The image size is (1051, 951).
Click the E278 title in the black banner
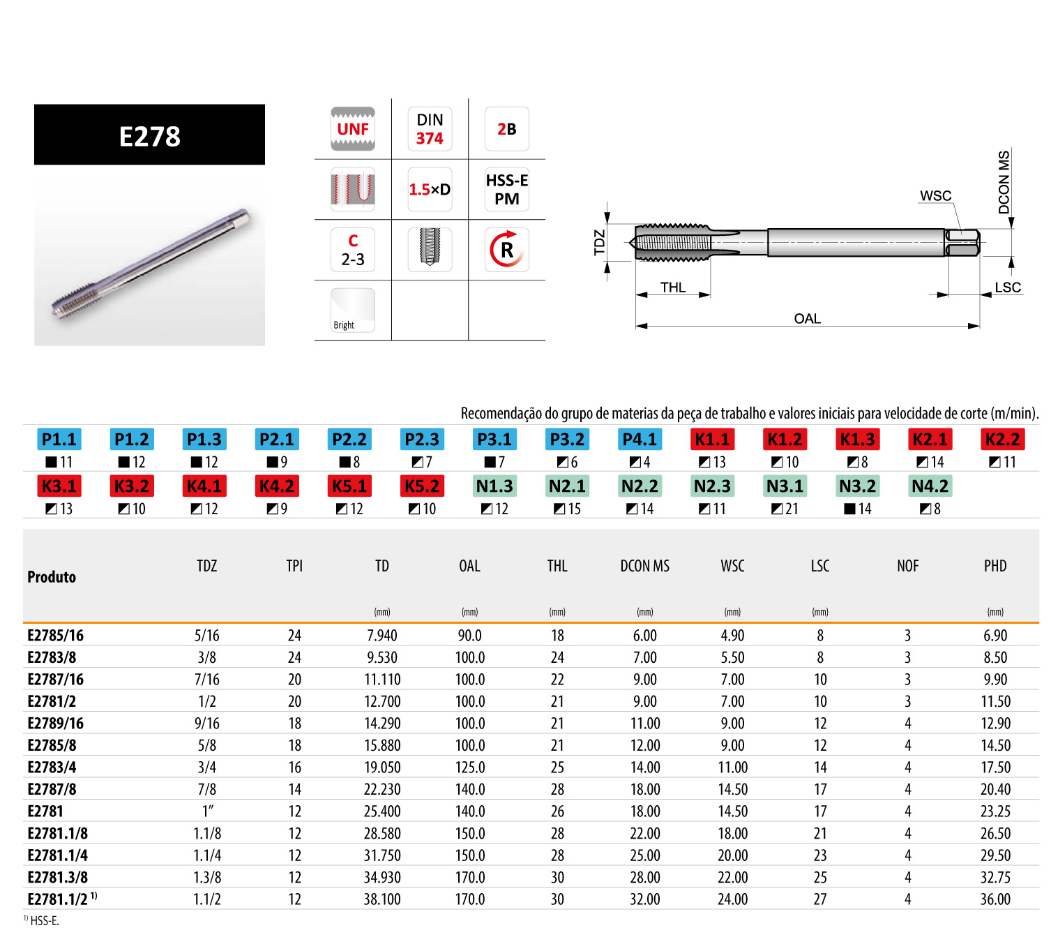click(x=149, y=136)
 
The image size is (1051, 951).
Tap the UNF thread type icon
click(x=353, y=129)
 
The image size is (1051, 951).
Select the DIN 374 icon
click(x=430, y=129)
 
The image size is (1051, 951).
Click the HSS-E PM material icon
click(x=506, y=189)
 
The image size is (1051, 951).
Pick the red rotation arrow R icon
click(x=506, y=250)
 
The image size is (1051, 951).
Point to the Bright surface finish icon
click(x=353, y=310)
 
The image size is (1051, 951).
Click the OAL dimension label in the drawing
click(x=807, y=319)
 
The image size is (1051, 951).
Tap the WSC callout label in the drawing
click(x=935, y=196)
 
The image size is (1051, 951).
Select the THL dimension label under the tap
click(x=673, y=287)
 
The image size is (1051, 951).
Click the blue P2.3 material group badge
click(x=422, y=440)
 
